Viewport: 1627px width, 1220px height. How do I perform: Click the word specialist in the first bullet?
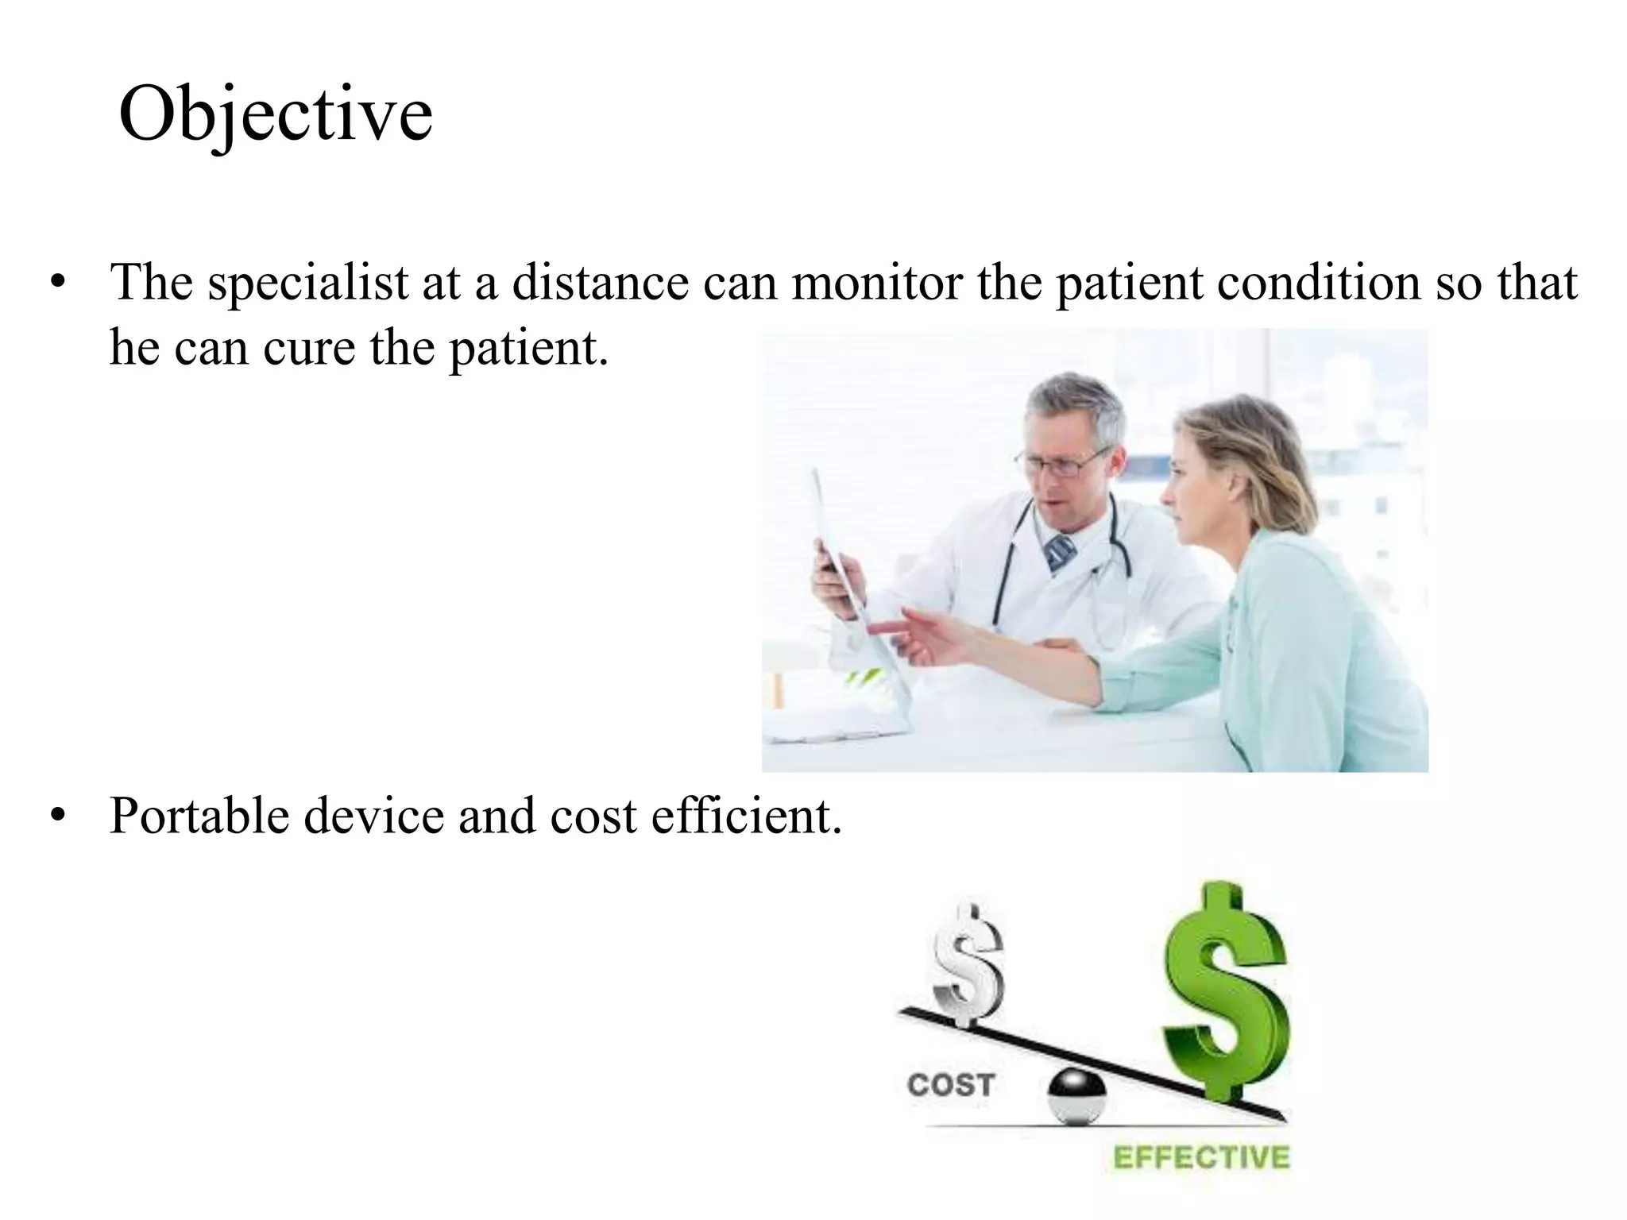coord(307,283)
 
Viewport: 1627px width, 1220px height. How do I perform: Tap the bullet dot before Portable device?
coord(56,818)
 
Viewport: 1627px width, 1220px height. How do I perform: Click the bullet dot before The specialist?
coord(56,284)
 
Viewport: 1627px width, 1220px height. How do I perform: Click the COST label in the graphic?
coord(950,1085)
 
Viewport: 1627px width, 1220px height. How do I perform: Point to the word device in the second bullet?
coord(373,817)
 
